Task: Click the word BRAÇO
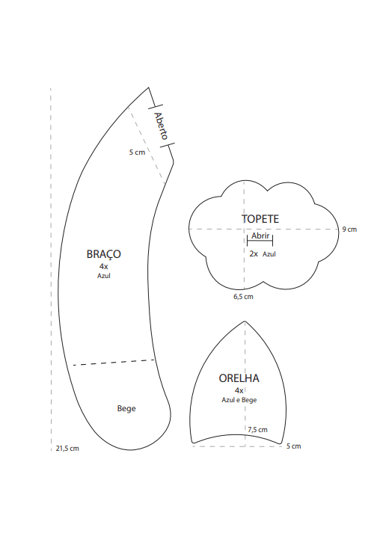104,254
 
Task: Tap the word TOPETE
260,219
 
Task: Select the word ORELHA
239,378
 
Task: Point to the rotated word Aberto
161,126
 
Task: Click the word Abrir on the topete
260,236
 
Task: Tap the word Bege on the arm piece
126,408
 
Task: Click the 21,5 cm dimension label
67,449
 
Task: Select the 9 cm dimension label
349,229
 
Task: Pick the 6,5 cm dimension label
243,297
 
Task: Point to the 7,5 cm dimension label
257,429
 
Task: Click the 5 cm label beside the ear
293,446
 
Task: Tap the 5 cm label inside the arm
137,153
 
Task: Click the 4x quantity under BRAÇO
104,267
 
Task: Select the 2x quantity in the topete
254,253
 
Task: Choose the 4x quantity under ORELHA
239,390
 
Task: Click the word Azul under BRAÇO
104,276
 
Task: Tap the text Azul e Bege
239,400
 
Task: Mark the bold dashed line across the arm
114,363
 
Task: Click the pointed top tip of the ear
245,321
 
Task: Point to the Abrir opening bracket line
260,241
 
